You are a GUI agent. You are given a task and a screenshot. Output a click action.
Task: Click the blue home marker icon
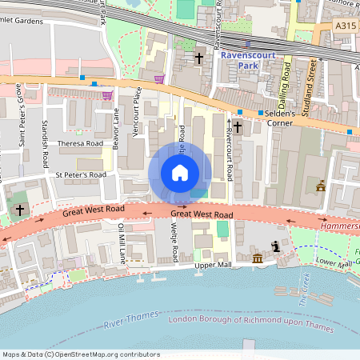click(180, 173)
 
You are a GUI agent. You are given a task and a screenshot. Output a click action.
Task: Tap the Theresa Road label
click(80, 144)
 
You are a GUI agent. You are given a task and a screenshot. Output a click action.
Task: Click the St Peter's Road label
click(80, 174)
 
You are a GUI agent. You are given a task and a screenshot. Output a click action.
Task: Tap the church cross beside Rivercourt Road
click(237, 126)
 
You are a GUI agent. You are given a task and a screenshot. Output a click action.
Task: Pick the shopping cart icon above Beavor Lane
click(107, 95)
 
